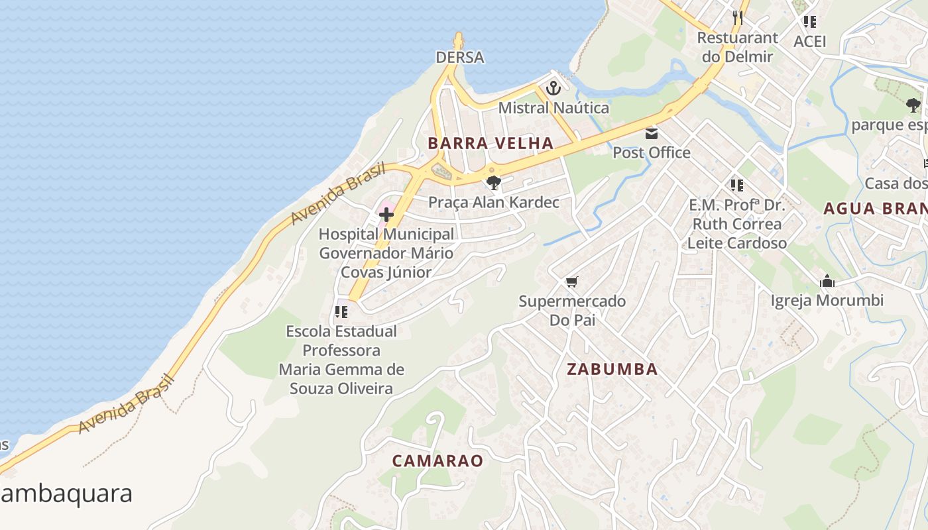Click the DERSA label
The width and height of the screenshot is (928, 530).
point(459,58)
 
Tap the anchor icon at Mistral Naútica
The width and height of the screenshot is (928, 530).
point(553,87)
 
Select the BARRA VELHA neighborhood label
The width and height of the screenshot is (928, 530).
point(490,143)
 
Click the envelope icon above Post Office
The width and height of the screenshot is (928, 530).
point(652,134)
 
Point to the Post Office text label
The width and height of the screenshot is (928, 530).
point(651,153)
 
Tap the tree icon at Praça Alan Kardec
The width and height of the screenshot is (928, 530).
point(493,183)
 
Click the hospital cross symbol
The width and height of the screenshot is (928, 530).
point(386,215)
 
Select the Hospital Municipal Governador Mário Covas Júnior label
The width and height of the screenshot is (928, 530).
point(386,253)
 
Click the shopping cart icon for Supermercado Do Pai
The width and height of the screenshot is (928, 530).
point(572,282)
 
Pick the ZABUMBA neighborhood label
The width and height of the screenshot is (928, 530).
point(612,370)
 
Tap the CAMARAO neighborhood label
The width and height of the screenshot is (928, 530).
point(437,461)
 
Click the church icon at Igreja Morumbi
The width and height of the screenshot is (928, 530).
point(827,282)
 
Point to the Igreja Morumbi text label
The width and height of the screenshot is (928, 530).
point(827,301)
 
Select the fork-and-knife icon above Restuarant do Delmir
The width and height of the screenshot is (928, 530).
point(737,17)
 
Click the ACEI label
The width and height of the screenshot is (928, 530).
point(810,42)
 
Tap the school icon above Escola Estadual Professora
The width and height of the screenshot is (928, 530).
point(341,311)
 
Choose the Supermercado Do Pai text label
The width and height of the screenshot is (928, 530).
point(572,311)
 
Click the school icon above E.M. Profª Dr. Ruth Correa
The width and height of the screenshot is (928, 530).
point(736,185)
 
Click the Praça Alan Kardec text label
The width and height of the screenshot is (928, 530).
point(494,203)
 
